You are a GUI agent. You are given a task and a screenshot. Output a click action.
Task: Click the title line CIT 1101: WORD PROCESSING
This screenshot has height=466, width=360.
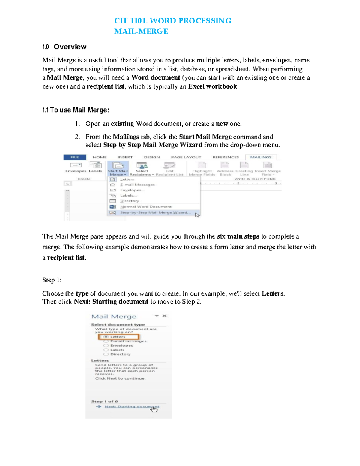172,21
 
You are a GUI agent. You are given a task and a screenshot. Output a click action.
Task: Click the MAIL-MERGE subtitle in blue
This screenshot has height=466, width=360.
141,31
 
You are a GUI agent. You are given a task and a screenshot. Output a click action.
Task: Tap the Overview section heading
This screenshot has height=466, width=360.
70,47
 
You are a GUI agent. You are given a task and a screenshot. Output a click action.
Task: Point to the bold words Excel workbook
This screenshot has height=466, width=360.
213,86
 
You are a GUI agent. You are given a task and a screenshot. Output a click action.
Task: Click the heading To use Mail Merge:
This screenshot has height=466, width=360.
79,110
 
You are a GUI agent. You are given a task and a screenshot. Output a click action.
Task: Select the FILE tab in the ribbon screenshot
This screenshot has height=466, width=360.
75,157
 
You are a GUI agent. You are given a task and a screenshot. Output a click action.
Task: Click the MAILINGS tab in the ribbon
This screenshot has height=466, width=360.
261,157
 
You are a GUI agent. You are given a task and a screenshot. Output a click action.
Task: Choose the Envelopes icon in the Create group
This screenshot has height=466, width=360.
76,166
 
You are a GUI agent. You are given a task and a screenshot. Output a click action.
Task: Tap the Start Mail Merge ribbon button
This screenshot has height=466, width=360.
118,168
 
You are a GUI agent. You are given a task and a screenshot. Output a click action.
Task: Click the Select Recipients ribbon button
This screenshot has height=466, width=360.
142,168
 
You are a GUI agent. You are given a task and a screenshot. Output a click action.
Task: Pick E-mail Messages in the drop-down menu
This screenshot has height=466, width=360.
137,185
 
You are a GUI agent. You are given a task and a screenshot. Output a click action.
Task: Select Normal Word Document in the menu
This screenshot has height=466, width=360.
146,207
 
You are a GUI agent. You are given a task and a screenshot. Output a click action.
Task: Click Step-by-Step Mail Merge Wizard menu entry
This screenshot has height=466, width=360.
155,212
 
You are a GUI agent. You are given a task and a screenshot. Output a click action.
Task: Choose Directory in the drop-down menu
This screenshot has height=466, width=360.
130,201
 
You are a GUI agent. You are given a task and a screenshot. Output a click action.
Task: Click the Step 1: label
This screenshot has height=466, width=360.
52,280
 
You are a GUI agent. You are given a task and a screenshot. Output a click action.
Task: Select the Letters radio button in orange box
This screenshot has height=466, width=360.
106,337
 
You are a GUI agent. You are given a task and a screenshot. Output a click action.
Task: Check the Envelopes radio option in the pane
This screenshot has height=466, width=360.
106,346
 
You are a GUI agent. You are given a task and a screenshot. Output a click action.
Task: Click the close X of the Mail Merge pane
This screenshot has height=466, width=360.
164,316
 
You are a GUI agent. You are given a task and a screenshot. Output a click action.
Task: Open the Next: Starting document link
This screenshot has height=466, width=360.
132,407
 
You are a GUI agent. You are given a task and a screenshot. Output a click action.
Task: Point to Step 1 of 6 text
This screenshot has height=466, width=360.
104,401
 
